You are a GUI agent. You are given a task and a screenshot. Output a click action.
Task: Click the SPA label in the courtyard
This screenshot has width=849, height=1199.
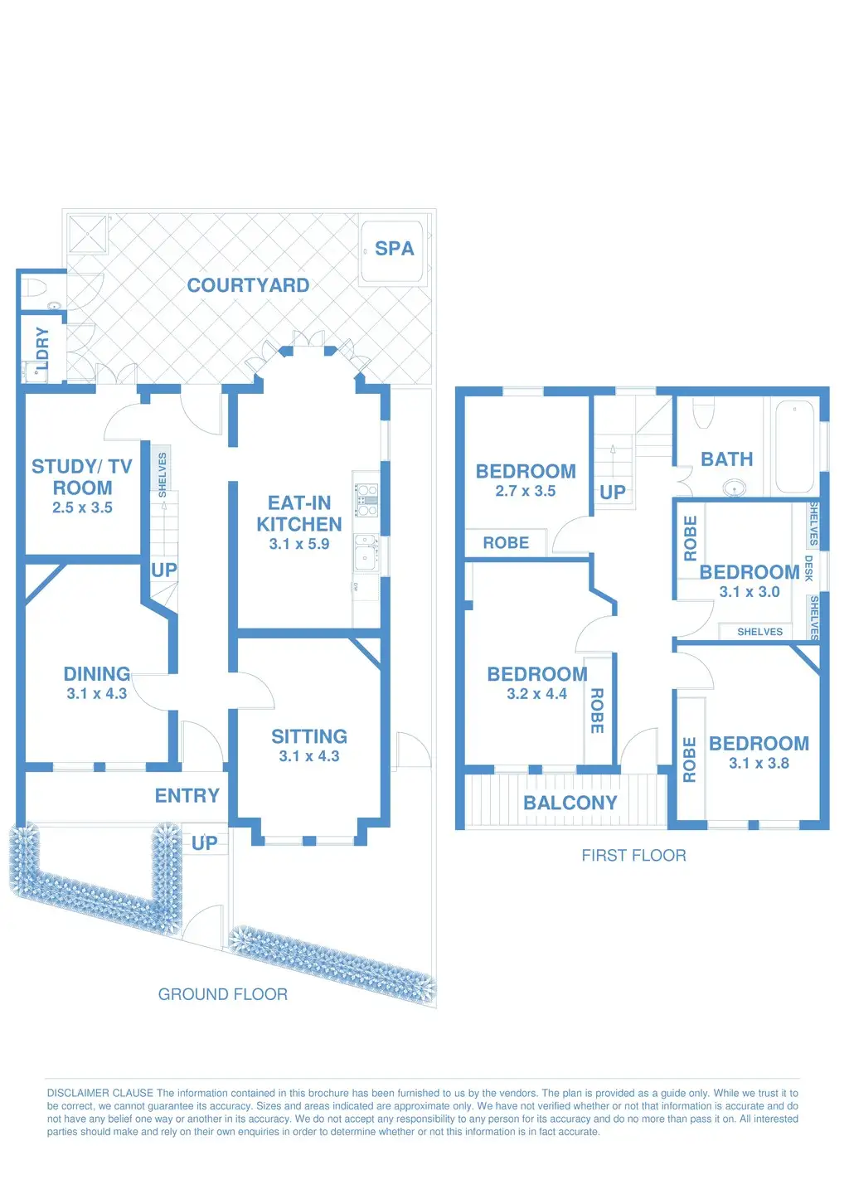click(x=395, y=249)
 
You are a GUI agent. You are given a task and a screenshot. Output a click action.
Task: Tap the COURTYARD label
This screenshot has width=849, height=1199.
click(x=249, y=285)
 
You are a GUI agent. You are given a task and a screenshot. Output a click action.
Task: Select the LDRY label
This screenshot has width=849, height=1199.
click(x=42, y=348)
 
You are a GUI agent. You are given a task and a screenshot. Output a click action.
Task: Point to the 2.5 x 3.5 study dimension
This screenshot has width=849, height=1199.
click(x=82, y=507)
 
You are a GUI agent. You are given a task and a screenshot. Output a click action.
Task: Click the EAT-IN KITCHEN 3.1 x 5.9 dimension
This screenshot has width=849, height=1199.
click(x=299, y=544)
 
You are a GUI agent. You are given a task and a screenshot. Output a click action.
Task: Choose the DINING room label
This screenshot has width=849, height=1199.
click(x=97, y=673)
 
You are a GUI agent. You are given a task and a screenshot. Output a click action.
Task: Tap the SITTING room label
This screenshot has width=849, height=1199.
click(x=309, y=736)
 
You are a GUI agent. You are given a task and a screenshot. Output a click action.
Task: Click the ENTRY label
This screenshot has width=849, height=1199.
click(x=187, y=795)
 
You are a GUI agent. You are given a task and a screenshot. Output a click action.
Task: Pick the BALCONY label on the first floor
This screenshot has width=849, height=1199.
click(x=570, y=803)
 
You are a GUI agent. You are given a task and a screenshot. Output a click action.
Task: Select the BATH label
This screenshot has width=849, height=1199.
click(x=727, y=459)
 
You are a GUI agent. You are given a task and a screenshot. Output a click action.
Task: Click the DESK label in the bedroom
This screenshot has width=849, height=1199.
click(x=808, y=569)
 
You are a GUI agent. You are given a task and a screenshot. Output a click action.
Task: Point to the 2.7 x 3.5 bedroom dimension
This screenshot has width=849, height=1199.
click(x=526, y=491)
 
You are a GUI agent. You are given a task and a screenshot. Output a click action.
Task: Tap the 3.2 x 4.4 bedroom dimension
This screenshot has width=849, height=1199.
click(x=537, y=694)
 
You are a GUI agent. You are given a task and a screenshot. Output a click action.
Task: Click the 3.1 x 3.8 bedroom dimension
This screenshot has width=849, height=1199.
click(x=759, y=764)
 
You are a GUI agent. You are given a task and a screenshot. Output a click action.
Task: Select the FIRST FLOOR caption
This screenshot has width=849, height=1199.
click(x=633, y=856)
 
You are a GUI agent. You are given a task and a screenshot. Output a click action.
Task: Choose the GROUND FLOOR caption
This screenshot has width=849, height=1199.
click(x=223, y=994)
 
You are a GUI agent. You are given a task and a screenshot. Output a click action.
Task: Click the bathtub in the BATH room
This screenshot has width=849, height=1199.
click(x=795, y=446)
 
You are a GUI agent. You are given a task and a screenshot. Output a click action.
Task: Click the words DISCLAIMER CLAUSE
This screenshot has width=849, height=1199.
click(x=100, y=1093)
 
